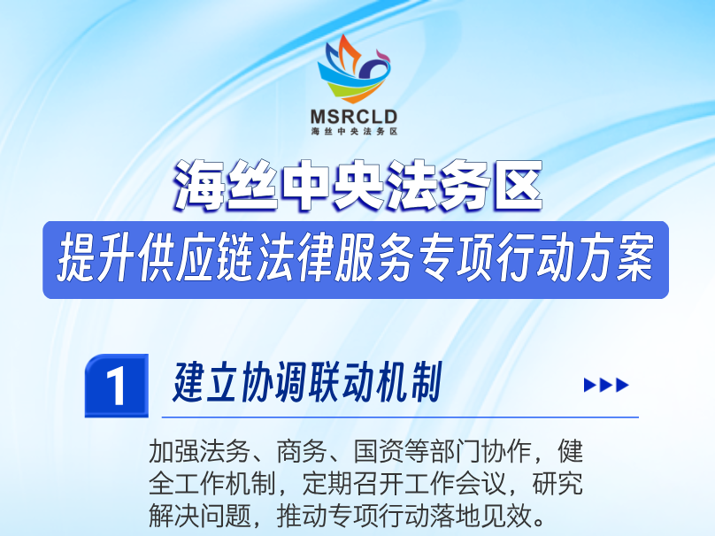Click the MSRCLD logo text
(354, 117)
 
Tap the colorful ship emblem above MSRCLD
(354, 69)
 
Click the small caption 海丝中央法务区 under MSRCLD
(354, 131)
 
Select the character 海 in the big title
(200, 186)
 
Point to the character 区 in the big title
(516, 186)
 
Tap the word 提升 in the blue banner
(96, 259)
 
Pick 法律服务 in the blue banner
(335, 259)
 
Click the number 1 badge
(117, 386)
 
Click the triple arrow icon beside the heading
(606, 385)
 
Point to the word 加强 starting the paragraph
(174, 451)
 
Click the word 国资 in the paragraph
(380, 451)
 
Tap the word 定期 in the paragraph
(328, 484)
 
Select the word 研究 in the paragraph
(557, 484)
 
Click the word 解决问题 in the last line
(200, 516)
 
